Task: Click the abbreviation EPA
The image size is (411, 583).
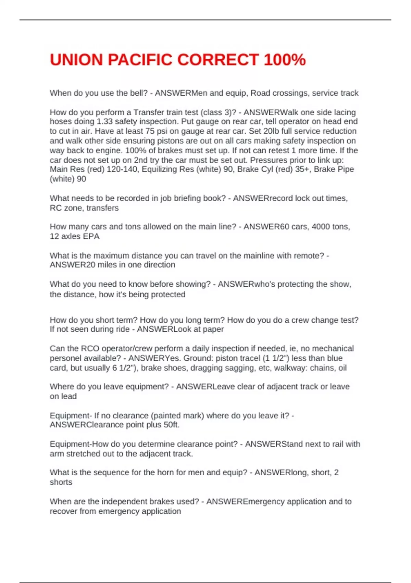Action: click(91, 236)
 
